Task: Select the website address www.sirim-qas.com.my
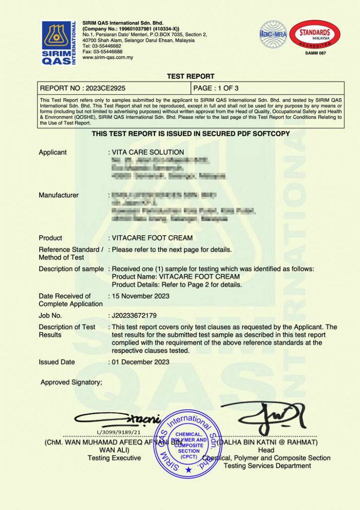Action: point(108,57)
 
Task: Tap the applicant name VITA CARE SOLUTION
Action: point(148,152)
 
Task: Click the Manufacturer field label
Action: point(59,195)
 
